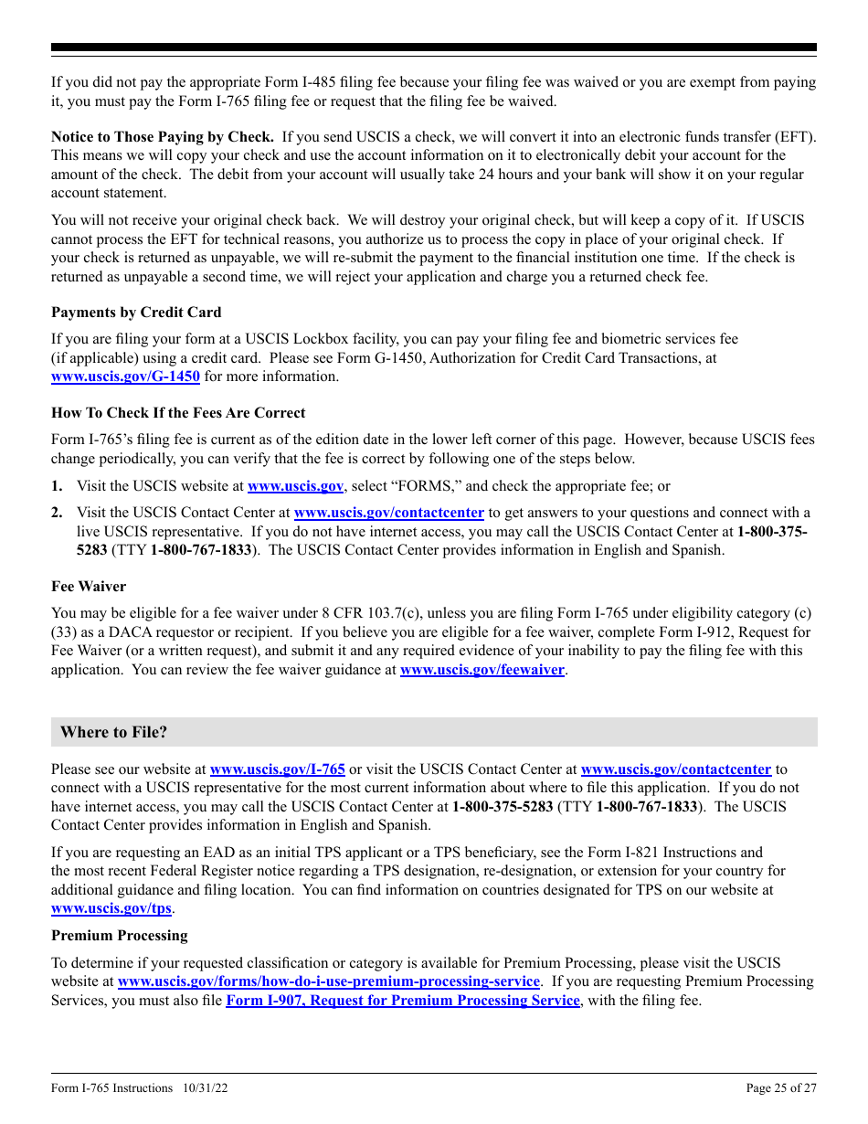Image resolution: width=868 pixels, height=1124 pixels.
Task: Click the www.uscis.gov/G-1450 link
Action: pyautogui.click(x=125, y=376)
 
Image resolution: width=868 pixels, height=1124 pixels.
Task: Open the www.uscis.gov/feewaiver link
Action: pyautogui.click(x=482, y=670)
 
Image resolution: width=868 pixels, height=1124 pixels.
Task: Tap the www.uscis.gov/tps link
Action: pyautogui.click(x=111, y=908)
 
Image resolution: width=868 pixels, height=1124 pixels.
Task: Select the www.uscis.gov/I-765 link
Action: pyautogui.click(x=277, y=769)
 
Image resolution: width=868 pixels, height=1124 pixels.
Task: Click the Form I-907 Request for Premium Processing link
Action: pyautogui.click(x=402, y=1001)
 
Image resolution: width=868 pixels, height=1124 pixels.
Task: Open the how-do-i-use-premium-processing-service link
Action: pyautogui.click(x=329, y=981)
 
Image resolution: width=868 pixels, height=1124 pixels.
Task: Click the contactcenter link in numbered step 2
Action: pyautogui.click(x=388, y=513)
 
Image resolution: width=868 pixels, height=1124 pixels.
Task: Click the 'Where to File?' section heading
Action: pyautogui.click(x=114, y=732)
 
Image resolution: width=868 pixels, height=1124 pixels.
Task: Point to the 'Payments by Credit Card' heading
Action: pyautogui.click(x=136, y=313)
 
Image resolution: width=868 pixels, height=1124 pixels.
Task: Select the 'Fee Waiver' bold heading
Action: pyautogui.click(x=89, y=587)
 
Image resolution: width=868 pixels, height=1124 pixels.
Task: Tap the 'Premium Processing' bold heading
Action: pyautogui.click(x=120, y=936)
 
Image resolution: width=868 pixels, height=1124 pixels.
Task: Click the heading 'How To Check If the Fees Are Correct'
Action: pyautogui.click(x=178, y=413)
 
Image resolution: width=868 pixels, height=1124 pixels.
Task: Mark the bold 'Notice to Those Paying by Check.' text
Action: pyautogui.click(x=163, y=137)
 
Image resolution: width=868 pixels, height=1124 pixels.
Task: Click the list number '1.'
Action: pyautogui.click(x=58, y=487)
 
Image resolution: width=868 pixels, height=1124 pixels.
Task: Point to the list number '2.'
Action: pyautogui.click(x=58, y=513)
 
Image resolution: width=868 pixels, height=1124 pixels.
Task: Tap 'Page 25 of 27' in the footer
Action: pyautogui.click(x=781, y=1088)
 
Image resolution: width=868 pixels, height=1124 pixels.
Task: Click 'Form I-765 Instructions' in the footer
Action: pyautogui.click(x=111, y=1088)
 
